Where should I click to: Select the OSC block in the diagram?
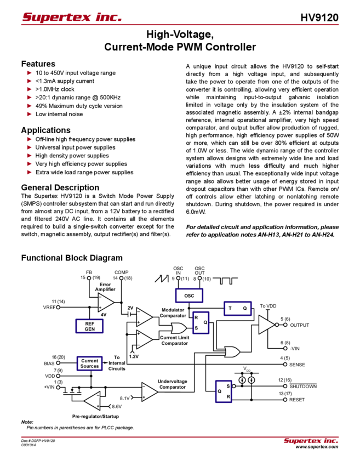(189, 295)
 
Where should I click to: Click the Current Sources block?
(89, 363)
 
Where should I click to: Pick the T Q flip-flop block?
(237, 309)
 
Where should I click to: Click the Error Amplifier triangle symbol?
(104, 300)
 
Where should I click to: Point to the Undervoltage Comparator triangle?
(148, 390)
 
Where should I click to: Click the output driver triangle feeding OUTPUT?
(266, 325)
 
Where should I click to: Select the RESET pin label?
(297, 400)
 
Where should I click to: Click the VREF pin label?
(48, 306)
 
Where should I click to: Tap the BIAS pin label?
(49, 363)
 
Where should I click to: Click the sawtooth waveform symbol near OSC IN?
(162, 279)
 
